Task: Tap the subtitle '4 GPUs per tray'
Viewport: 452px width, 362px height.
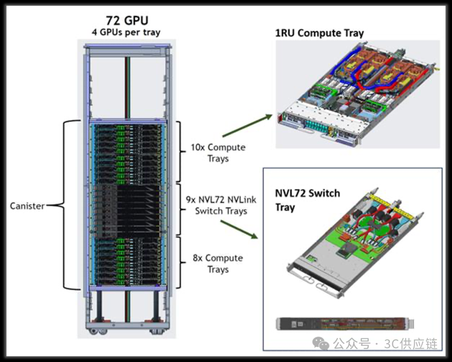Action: [x=126, y=32]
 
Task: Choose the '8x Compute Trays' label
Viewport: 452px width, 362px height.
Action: [x=218, y=264]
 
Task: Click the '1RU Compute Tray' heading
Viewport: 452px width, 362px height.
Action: [x=319, y=33]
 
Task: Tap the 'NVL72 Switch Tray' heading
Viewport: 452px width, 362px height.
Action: [x=308, y=200]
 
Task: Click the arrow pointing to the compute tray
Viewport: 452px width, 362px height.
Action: [x=247, y=126]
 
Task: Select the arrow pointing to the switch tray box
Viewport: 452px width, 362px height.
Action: [x=239, y=229]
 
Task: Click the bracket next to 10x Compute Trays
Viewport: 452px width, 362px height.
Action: [x=179, y=151]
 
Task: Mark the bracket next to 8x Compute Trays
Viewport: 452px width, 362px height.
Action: [x=179, y=263]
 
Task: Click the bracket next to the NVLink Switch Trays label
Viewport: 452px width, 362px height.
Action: [x=179, y=209]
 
